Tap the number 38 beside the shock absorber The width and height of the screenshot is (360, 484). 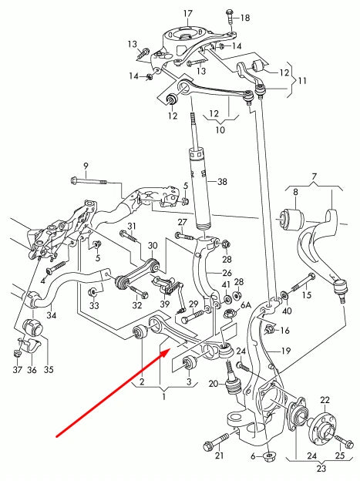coord(222,182)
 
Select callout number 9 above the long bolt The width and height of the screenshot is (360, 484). coord(86,165)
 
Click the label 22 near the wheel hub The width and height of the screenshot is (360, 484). coord(325,399)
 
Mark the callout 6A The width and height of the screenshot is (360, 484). coord(247,306)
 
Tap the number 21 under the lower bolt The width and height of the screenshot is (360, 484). coord(220,456)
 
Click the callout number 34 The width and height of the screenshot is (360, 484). coord(51,314)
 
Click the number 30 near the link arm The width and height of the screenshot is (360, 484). coord(152,245)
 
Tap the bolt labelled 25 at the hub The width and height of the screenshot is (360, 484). coord(338,439)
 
